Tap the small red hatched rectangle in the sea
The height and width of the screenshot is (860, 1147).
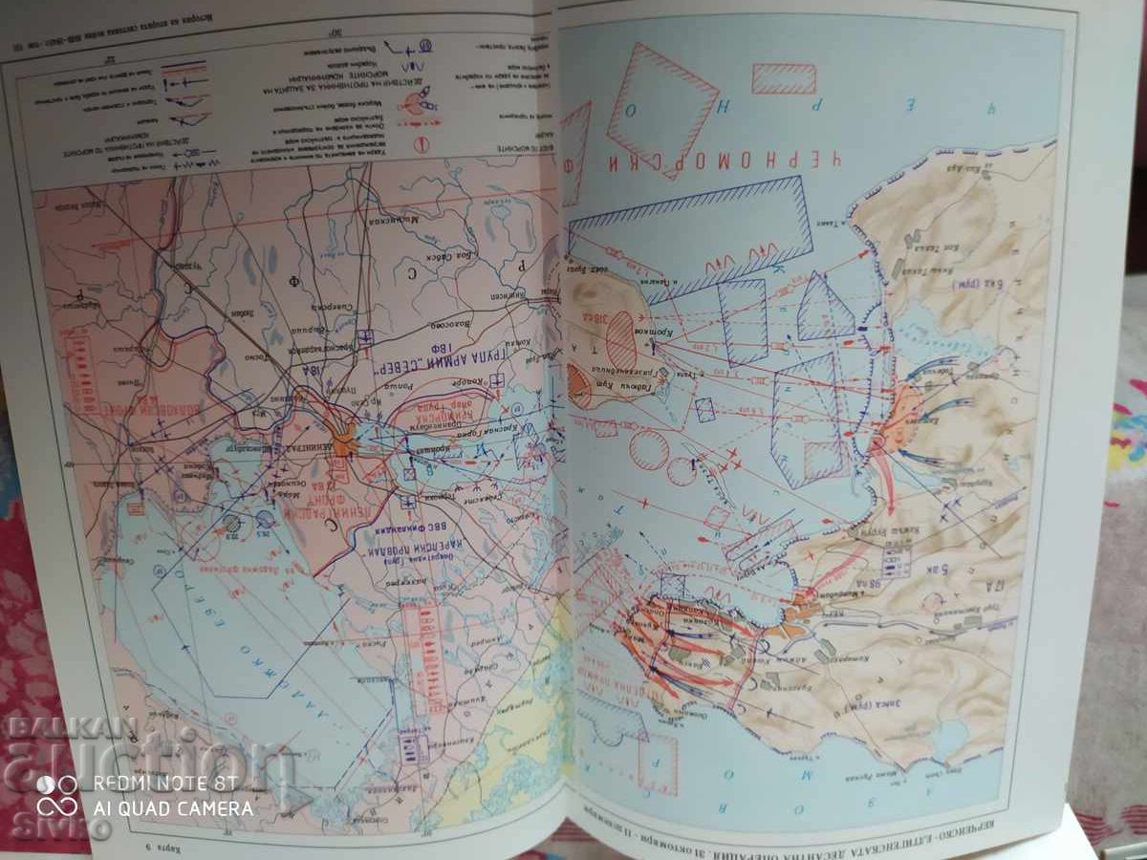point(783,78)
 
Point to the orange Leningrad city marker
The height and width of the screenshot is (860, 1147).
point(343,437)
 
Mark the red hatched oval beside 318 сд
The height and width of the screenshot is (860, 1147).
point(622,339)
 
